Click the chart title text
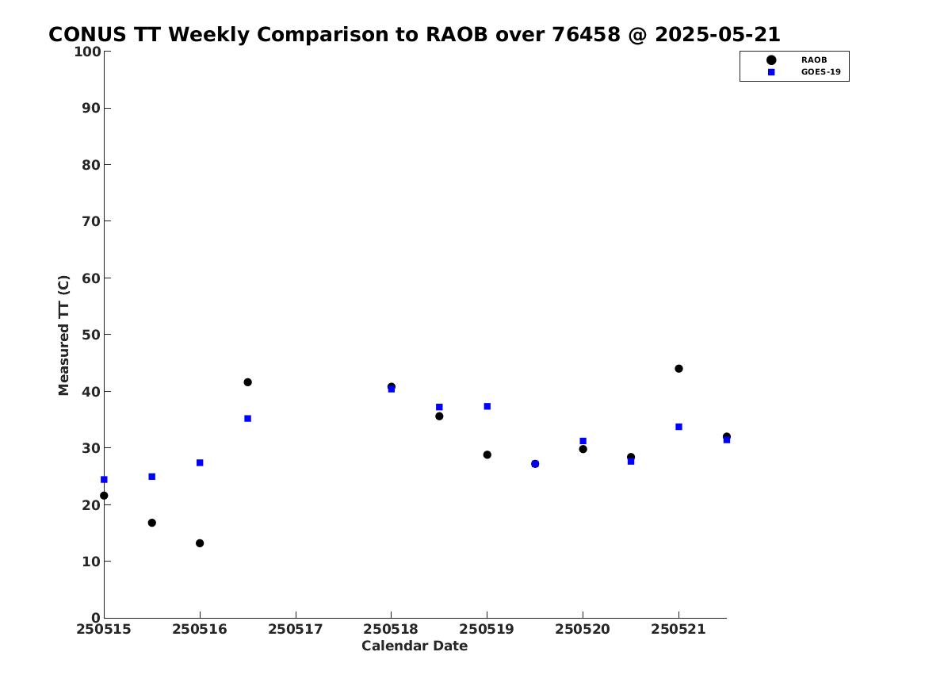coord(414,34)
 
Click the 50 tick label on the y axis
coord(91,335)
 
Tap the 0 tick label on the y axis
coord(96,618)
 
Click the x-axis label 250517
coord(296,630)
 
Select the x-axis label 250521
coord(678,630)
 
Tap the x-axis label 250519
coord(487,630)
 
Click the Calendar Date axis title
coord(415,646)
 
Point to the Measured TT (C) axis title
coord(63,335)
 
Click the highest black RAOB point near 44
coord(678,369)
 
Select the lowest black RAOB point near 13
coord(200,543)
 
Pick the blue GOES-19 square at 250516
coord(200,462)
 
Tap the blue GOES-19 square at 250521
coord(678,427)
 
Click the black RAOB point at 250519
coord(487,455)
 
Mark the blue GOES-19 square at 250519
coord(487,407)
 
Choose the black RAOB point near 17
coord(152,523)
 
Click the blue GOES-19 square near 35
coord(248,419)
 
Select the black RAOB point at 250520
coord(583,449)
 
